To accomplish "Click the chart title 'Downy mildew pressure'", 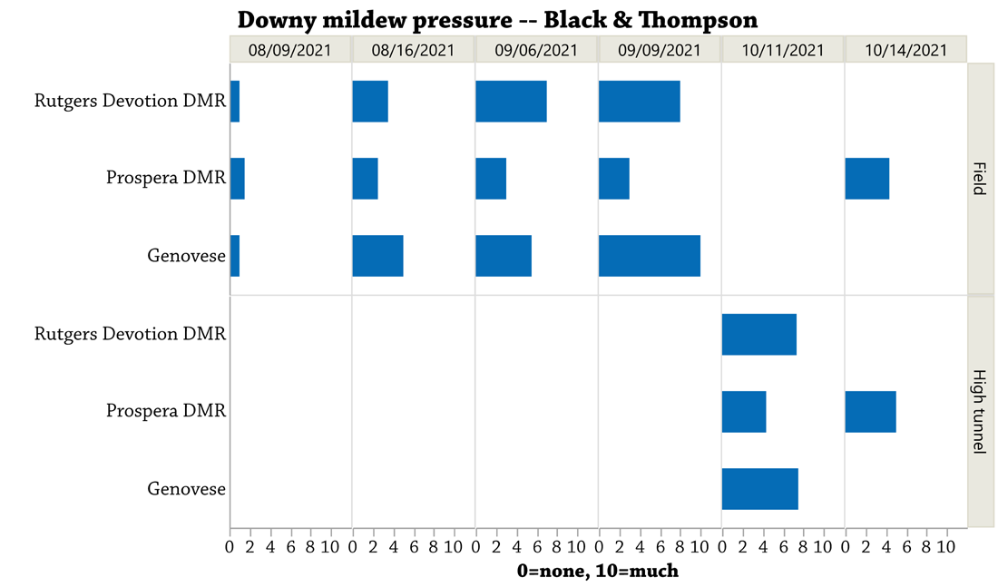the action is (x=375, y=20).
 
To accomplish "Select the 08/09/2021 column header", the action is (x=290, y=50).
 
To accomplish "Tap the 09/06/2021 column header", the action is (x=536, y=50).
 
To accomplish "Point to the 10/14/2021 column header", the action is (x=905, y=50).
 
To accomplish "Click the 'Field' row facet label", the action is (x=980, y=178).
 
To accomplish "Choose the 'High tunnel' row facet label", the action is (x=980, y=411).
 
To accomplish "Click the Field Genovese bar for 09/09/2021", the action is (x=650, y=256).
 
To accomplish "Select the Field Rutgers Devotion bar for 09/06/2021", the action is (x=511, y=102).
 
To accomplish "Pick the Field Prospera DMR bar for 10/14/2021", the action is (x=866, y=178).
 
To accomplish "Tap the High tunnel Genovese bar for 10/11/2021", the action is (x=760, y=489).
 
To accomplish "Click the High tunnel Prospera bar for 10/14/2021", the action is (x=871, y=412).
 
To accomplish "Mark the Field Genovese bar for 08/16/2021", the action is (x=378, y=256).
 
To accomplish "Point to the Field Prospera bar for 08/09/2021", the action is (x=238, y=178).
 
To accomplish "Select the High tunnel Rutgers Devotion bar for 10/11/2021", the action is (x=758, y=334).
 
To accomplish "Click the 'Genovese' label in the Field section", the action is (x=187, y=256).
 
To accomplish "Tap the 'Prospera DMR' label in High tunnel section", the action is (x=166, y=411).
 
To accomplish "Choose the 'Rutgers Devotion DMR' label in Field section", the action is (x=131, y=101).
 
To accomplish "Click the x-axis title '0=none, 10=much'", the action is (x=598, y=571).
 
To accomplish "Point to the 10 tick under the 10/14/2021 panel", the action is (x=946, y=547).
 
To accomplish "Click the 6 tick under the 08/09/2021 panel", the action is (x=291, y=547).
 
